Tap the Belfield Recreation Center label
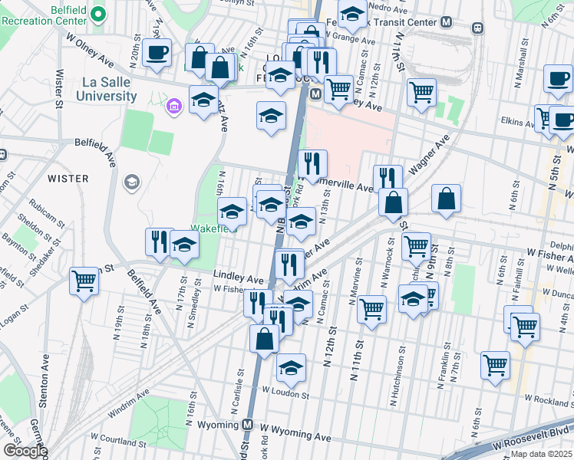tap(43, 13)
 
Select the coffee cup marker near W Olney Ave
tap(157, 53)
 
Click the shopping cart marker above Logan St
tap(84, 280)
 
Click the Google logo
tap(24, 451)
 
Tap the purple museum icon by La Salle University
tap(174, 103)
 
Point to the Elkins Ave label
tap(516, 123)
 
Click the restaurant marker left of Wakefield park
tap(159, 241)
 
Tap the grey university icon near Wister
tap(131, 182)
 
